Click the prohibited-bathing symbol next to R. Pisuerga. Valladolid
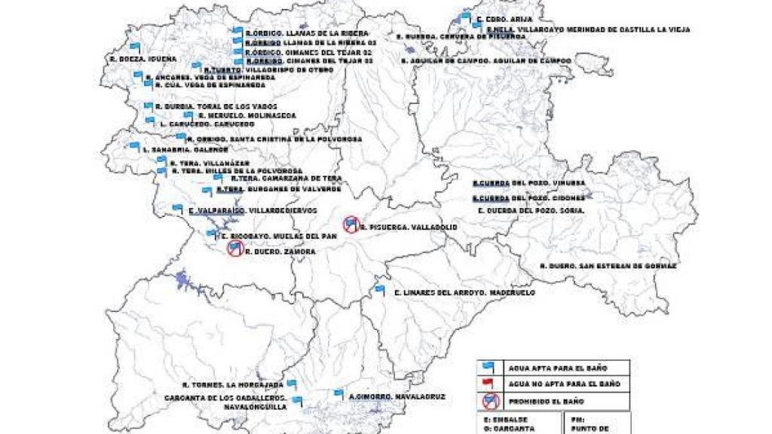click(x=351, y=223)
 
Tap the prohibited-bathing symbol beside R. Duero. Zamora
click(x=235, y=249)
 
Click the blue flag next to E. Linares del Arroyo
click(x=380, y=289)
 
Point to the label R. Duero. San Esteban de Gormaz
click(x=608, y=266)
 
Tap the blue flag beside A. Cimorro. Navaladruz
click(x=339, y=393)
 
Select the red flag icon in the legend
click(x=489, y=384)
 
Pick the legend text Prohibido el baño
click(x=547, y=402)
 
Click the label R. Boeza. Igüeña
click(x=142, y=58)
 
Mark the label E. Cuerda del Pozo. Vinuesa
click(x=528, y=183)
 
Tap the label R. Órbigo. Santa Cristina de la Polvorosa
click(x=275, y=139)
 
